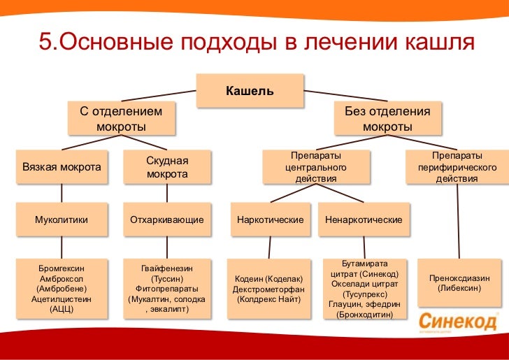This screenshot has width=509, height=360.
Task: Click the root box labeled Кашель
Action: tap(249, 92)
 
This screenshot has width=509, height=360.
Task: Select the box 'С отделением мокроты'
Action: tap(121, 119)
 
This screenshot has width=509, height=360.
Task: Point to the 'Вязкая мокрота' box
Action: tap(62, 168)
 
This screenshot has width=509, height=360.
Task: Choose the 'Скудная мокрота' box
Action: tap(167, 168)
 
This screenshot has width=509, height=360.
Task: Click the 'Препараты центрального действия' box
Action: tap(315, 168)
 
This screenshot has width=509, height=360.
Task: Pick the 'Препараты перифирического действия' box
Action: tap(457, 168)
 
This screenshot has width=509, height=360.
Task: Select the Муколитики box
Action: tap(62, 219)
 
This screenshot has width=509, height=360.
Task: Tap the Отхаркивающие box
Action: tap(167, 219)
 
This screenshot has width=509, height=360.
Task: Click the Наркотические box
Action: tap(270, 219)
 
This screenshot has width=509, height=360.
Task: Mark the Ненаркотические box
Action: tap(364, 219)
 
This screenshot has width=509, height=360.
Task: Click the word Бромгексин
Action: tap(62, 268)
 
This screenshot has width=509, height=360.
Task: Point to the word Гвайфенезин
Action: tap(167, 268)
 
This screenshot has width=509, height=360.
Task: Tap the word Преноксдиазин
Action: tap(459, 278)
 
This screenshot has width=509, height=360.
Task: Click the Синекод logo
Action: tap(459, 322)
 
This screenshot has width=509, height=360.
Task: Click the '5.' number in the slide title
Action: tap(46, 43)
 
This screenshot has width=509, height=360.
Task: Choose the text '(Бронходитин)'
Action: tap(364, 315)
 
